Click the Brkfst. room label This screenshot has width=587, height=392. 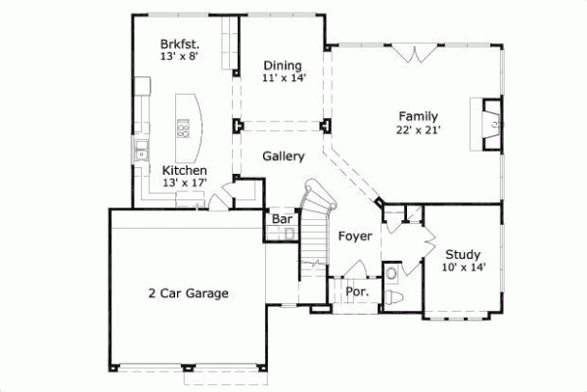tap(181, 44)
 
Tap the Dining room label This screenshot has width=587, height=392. tap(282, 66)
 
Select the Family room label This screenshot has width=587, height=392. tap(418, 115)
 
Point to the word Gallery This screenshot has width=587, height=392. tap(283, 156)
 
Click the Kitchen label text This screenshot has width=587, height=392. tap(184, 170)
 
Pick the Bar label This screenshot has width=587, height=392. tap(283, 219)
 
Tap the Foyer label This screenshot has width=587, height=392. tap(355, 237)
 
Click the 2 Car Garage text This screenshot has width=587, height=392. tap(188, 292)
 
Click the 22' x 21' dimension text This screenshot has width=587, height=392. tap(418, 129)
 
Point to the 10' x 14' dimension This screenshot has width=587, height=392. tap(462, 268)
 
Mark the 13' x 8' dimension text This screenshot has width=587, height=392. tap(182, 57)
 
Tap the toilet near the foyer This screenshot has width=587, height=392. tap(392, 296)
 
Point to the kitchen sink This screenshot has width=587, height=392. tap(141, 151)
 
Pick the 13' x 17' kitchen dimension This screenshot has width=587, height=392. tap(184, 183)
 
